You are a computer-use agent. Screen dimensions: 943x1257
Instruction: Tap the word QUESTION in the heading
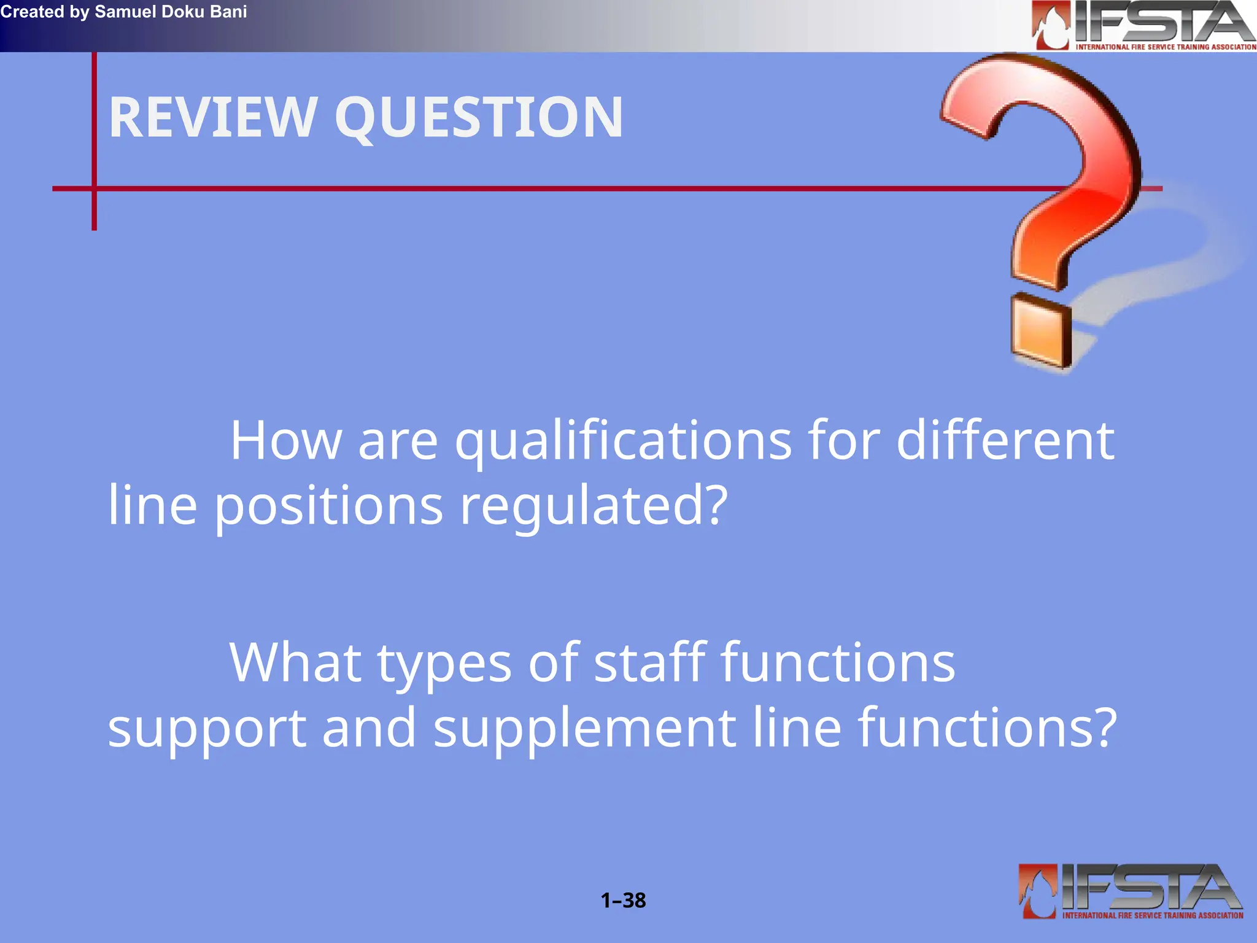[479, 118]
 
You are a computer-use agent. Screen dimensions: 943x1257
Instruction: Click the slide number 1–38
[623, 900]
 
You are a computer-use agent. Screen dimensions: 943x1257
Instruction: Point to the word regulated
[593, 507]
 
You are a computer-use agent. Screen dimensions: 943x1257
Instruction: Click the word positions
[328, 507]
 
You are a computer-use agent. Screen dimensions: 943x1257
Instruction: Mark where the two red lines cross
[94, 188]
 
